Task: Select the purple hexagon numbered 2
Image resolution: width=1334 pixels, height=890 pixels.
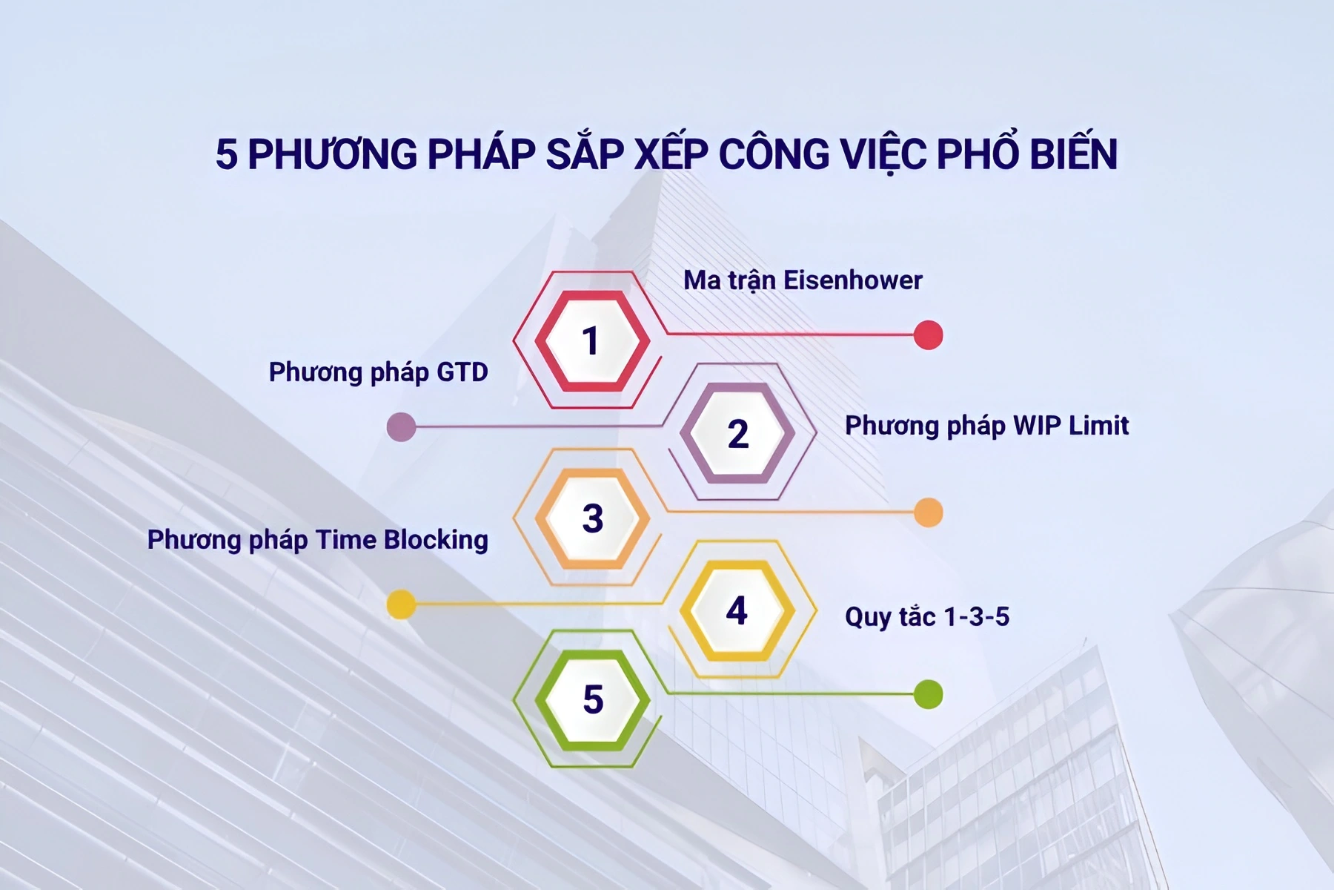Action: point(737,433)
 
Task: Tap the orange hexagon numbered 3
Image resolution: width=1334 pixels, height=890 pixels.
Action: point(592,518)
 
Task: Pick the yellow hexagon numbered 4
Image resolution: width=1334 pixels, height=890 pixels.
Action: point(737,610)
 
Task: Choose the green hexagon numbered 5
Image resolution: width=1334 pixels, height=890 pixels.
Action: point(592,699)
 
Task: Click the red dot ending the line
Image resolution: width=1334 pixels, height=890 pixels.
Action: point(928,335)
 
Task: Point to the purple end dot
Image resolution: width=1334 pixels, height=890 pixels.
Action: point(401,427)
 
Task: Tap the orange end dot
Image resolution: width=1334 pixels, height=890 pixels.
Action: point(928,512)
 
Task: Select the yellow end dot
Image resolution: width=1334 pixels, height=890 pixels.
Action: point(401,604)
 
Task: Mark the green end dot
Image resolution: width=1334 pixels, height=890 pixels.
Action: point(928,694)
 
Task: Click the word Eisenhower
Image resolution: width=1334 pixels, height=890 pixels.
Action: point(852,280)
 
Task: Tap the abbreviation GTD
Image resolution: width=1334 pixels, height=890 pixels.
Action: point(462,372)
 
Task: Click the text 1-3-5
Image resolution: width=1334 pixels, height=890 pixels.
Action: point(976,617)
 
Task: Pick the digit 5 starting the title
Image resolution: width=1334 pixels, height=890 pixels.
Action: point(226,154)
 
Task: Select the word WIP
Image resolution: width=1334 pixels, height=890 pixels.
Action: point(1037,426)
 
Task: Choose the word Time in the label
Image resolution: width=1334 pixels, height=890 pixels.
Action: point(345,540)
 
